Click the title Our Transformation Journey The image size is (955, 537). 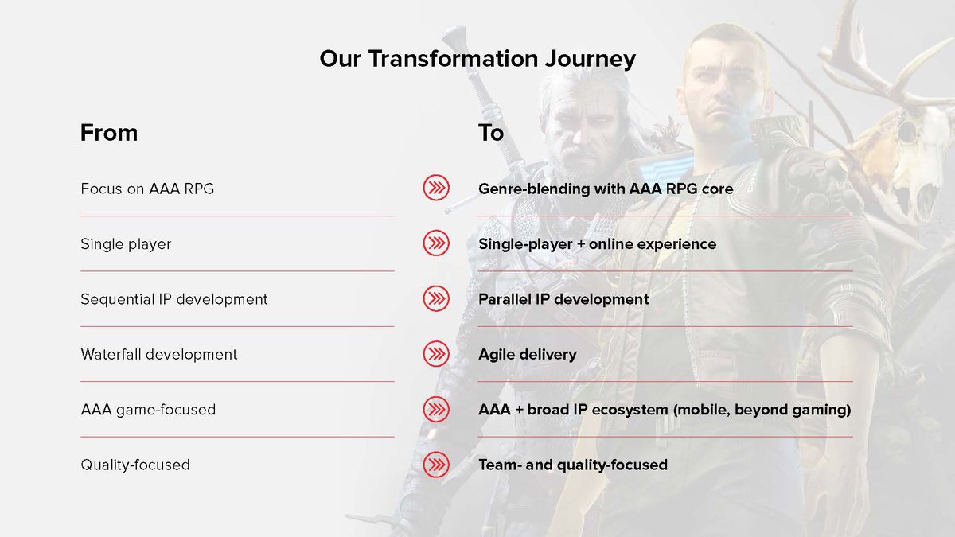tap(477, 59)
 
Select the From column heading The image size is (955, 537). tap(109, 133)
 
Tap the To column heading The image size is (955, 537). tap(491, 133)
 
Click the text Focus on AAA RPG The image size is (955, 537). tap(147, 189)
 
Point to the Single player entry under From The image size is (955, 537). tap(126, 244)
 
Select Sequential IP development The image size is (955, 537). tap(174, 299)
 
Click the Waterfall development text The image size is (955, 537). tap(158, 354)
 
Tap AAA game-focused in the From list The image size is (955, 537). tap(148, 410)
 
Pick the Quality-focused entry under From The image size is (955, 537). tap(135, 465)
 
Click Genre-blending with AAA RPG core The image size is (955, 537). tap(606, 189)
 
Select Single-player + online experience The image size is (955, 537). tap(598, 244)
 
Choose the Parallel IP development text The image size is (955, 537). tap(563, 299)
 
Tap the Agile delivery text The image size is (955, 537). tap(528, 355)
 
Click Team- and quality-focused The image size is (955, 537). tap(573, 465)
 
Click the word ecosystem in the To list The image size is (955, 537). tap(630, 410)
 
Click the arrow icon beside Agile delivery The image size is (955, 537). tap(436, 354)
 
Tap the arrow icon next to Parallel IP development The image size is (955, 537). tap(436, 298)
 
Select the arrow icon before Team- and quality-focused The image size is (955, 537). tap(436, 464)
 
